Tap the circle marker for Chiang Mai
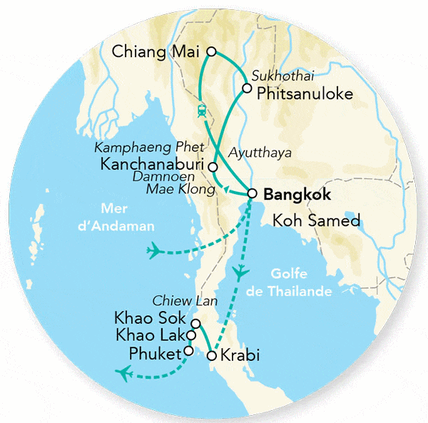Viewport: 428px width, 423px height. point(211,51)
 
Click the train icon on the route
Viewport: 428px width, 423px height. point(203,111)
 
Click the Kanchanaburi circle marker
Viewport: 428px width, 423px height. point(213,166)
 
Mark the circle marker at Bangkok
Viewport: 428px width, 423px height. point(252,193)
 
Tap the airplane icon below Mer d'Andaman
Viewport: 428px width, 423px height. point(154,250)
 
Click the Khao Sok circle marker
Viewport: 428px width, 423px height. point(196,323)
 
